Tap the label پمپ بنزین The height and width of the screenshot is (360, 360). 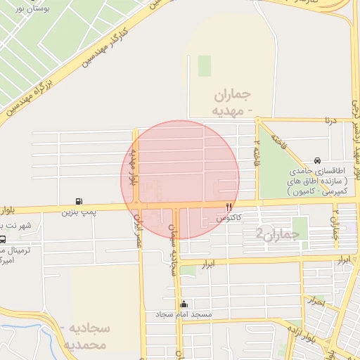[x=78, y=210]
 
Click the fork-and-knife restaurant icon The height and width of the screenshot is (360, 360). [x=229, y=207]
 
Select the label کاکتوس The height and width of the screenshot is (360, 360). [x=229, y=218]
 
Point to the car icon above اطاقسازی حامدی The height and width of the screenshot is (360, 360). [x=319, y=160]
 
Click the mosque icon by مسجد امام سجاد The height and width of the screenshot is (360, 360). [x=184, y=304]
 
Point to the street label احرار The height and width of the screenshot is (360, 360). [x=318, y=302]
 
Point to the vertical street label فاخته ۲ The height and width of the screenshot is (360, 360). [x=257, y=150]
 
